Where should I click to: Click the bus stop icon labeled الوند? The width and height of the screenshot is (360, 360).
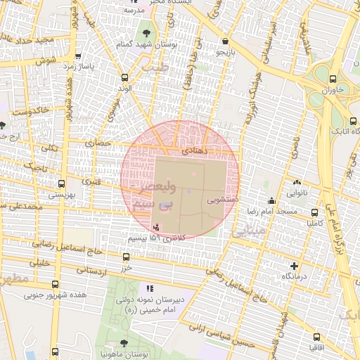click(125, 77)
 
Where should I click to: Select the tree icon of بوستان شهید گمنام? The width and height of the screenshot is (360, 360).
click(146, 32)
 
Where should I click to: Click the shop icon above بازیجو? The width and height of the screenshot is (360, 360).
click(224, 41)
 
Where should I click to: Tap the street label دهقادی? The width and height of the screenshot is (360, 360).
click(193, 150)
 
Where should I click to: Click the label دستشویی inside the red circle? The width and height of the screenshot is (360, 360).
click(223, 200)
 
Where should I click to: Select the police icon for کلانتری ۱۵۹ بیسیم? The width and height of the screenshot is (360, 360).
click(155, 226)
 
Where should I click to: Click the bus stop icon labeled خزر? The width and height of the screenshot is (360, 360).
click(126, 257)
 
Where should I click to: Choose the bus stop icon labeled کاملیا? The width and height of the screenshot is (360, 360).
click(314, 212)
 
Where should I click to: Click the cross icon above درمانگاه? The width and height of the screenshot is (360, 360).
click(294, 266)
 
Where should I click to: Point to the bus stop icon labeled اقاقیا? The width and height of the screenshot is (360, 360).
click(314, 336)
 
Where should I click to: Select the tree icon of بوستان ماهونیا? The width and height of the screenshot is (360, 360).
click(124, 343)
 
